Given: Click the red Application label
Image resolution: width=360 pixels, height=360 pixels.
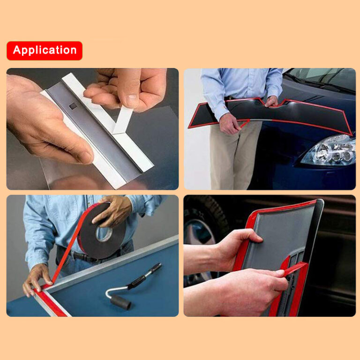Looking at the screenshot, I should pos(45,51).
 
